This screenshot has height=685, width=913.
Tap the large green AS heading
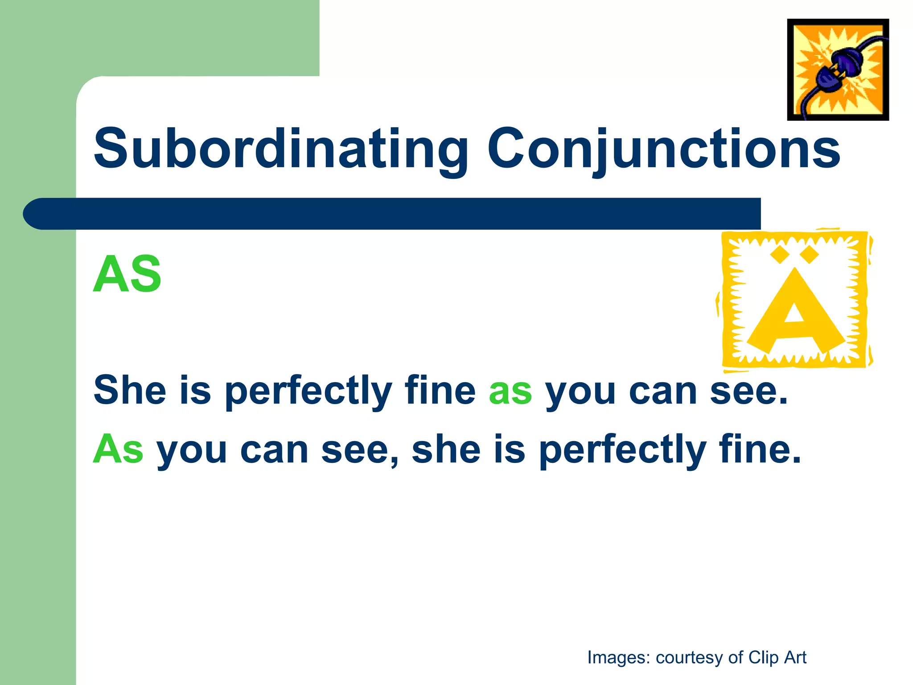pyautogui.click(x=127, y=274)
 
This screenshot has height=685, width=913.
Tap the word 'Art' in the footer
pyautogui.click(x=795, y=657)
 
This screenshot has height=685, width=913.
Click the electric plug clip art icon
pyautogui.click(x=838, y=70)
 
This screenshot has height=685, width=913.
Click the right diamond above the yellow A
pyautogui.click(x=810, y=255)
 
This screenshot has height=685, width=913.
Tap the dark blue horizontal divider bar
pyautogui.click(x=392, y=214)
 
